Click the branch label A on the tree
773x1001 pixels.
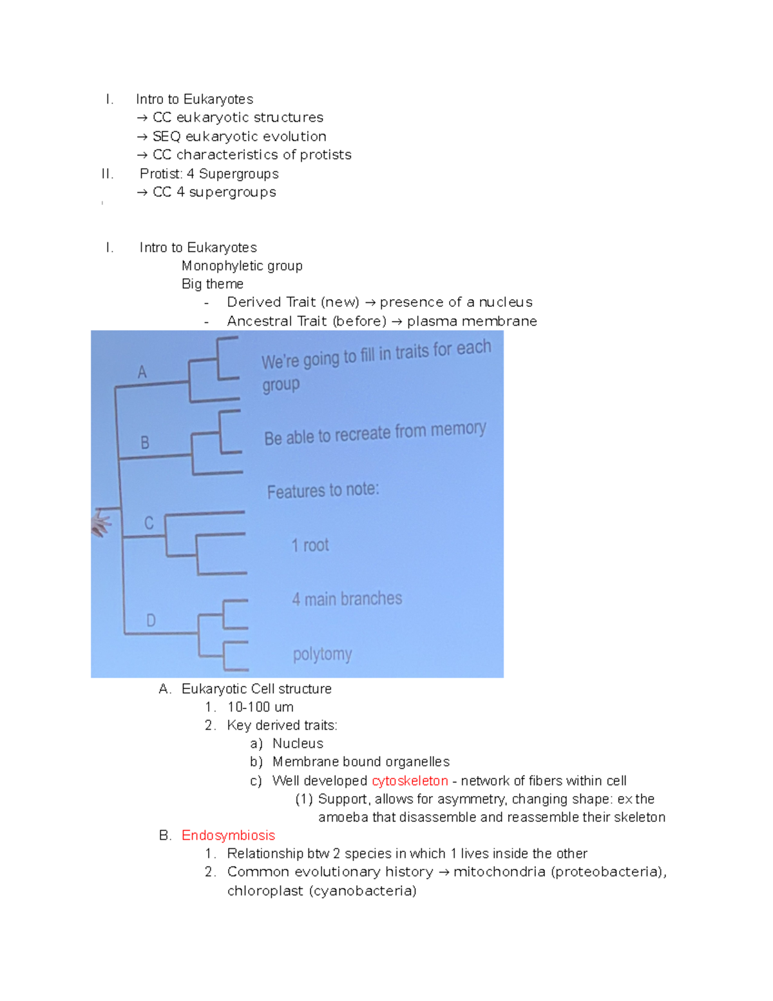click(x=142, y=372)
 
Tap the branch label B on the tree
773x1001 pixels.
click(x=145, y=443)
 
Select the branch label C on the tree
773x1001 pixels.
click(x=149, y=523)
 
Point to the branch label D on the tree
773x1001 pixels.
click(x=151, y=620)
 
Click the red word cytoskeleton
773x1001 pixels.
click(x=410, y=781)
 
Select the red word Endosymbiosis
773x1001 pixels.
click(x=228, y=835)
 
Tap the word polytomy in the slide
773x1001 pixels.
click(x=322, y=654)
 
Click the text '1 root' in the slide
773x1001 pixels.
click(x=310, y=545)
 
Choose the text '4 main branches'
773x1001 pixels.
click(x=347, y=599)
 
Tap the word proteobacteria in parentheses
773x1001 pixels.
click(x=608, y=872)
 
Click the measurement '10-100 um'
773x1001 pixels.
click(x=260, y=707)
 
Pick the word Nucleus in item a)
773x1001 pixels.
click(x=298, y=744)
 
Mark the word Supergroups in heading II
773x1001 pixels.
click(x=238, y=174)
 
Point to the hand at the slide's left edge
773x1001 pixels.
click(x=100, y=523)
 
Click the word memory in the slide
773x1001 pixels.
click(x=458, y=429)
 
